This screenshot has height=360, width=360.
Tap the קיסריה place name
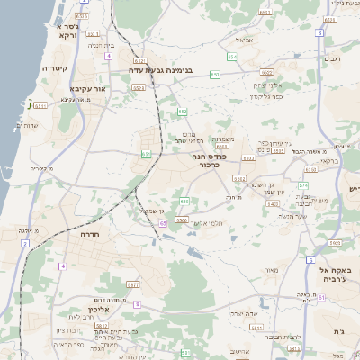coord(56,68)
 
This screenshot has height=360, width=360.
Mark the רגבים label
coord(331,59)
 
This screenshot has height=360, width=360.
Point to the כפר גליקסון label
coord(265,96)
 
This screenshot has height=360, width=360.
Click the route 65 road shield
coord(162,221)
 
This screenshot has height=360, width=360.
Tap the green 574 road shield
coord(303,186)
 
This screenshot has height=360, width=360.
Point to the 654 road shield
coord(233,57)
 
